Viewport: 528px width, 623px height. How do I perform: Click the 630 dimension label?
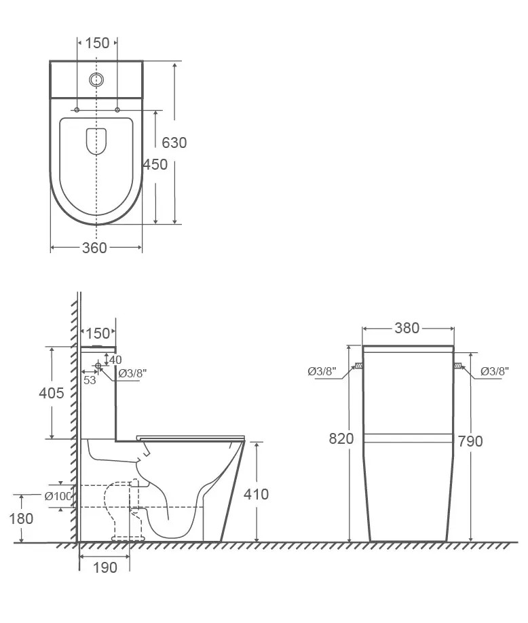click(x=174, y=143)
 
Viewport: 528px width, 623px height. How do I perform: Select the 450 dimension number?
click(x=155, y=164)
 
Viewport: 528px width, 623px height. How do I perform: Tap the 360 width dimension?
click(x=94, y=248)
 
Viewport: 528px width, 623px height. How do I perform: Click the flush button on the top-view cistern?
click(x=96, y=79)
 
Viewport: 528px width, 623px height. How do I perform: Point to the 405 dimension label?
click(x=52, y=393)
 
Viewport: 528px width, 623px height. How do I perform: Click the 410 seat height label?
click(x=256, y=494)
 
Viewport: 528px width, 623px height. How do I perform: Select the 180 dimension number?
click(x=21, y=518)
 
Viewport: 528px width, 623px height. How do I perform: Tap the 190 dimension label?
click(x=105, y=568)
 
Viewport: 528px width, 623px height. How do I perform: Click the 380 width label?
click(x=407, y=328)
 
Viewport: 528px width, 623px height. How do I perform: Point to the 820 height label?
click(x=341, y=438)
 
